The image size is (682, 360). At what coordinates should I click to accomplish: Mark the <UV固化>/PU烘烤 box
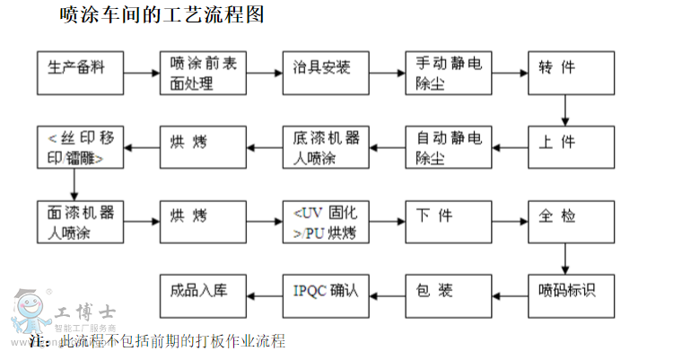(x=326, y=222)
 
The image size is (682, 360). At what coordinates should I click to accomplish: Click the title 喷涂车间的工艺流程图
(x=162, y=15)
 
